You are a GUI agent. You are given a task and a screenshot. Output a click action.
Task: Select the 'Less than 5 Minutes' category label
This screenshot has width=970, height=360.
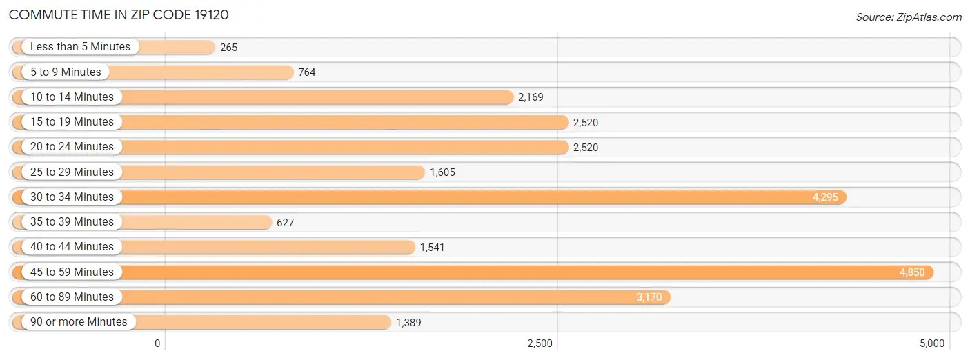(80, 47)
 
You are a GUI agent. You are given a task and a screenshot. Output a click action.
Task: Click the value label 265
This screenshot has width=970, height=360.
(229, 48)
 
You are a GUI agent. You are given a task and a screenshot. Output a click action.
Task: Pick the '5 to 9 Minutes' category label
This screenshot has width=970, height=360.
(66, 72)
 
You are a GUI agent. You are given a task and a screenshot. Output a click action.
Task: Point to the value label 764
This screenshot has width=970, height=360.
(307, 72)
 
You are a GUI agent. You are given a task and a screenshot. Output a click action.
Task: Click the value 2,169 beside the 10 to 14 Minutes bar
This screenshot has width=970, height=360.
(531, 97)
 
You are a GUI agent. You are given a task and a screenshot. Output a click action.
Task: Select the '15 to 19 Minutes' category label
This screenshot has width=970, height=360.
(72, 121)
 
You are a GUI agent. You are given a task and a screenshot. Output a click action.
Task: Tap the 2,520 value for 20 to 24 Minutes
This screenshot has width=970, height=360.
(585, 147)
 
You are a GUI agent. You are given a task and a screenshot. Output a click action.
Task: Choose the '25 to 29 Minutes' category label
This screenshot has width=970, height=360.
(72, 172)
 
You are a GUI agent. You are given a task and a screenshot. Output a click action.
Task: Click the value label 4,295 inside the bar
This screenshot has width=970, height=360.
(825, 197)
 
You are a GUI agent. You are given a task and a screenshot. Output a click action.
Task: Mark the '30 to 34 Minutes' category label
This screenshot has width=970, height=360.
(72, 197)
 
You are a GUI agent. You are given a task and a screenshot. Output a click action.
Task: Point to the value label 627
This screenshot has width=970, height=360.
(285, 222)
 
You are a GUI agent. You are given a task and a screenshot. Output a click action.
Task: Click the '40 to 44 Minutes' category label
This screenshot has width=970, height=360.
(72, 246)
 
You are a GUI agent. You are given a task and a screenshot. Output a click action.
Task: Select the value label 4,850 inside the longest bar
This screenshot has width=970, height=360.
(912, 272)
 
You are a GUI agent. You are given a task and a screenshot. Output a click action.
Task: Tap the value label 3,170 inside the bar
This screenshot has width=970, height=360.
(649, 297)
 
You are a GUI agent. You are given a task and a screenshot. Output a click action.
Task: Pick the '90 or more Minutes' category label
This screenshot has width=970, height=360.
(79, 321)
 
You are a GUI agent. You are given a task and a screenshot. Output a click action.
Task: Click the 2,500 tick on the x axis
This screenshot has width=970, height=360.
(540, 343)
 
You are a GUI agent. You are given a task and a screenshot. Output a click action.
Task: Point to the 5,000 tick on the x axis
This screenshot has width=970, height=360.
(931, 343)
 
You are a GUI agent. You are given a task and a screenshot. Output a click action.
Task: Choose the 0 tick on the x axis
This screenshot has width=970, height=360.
(157, 343)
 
